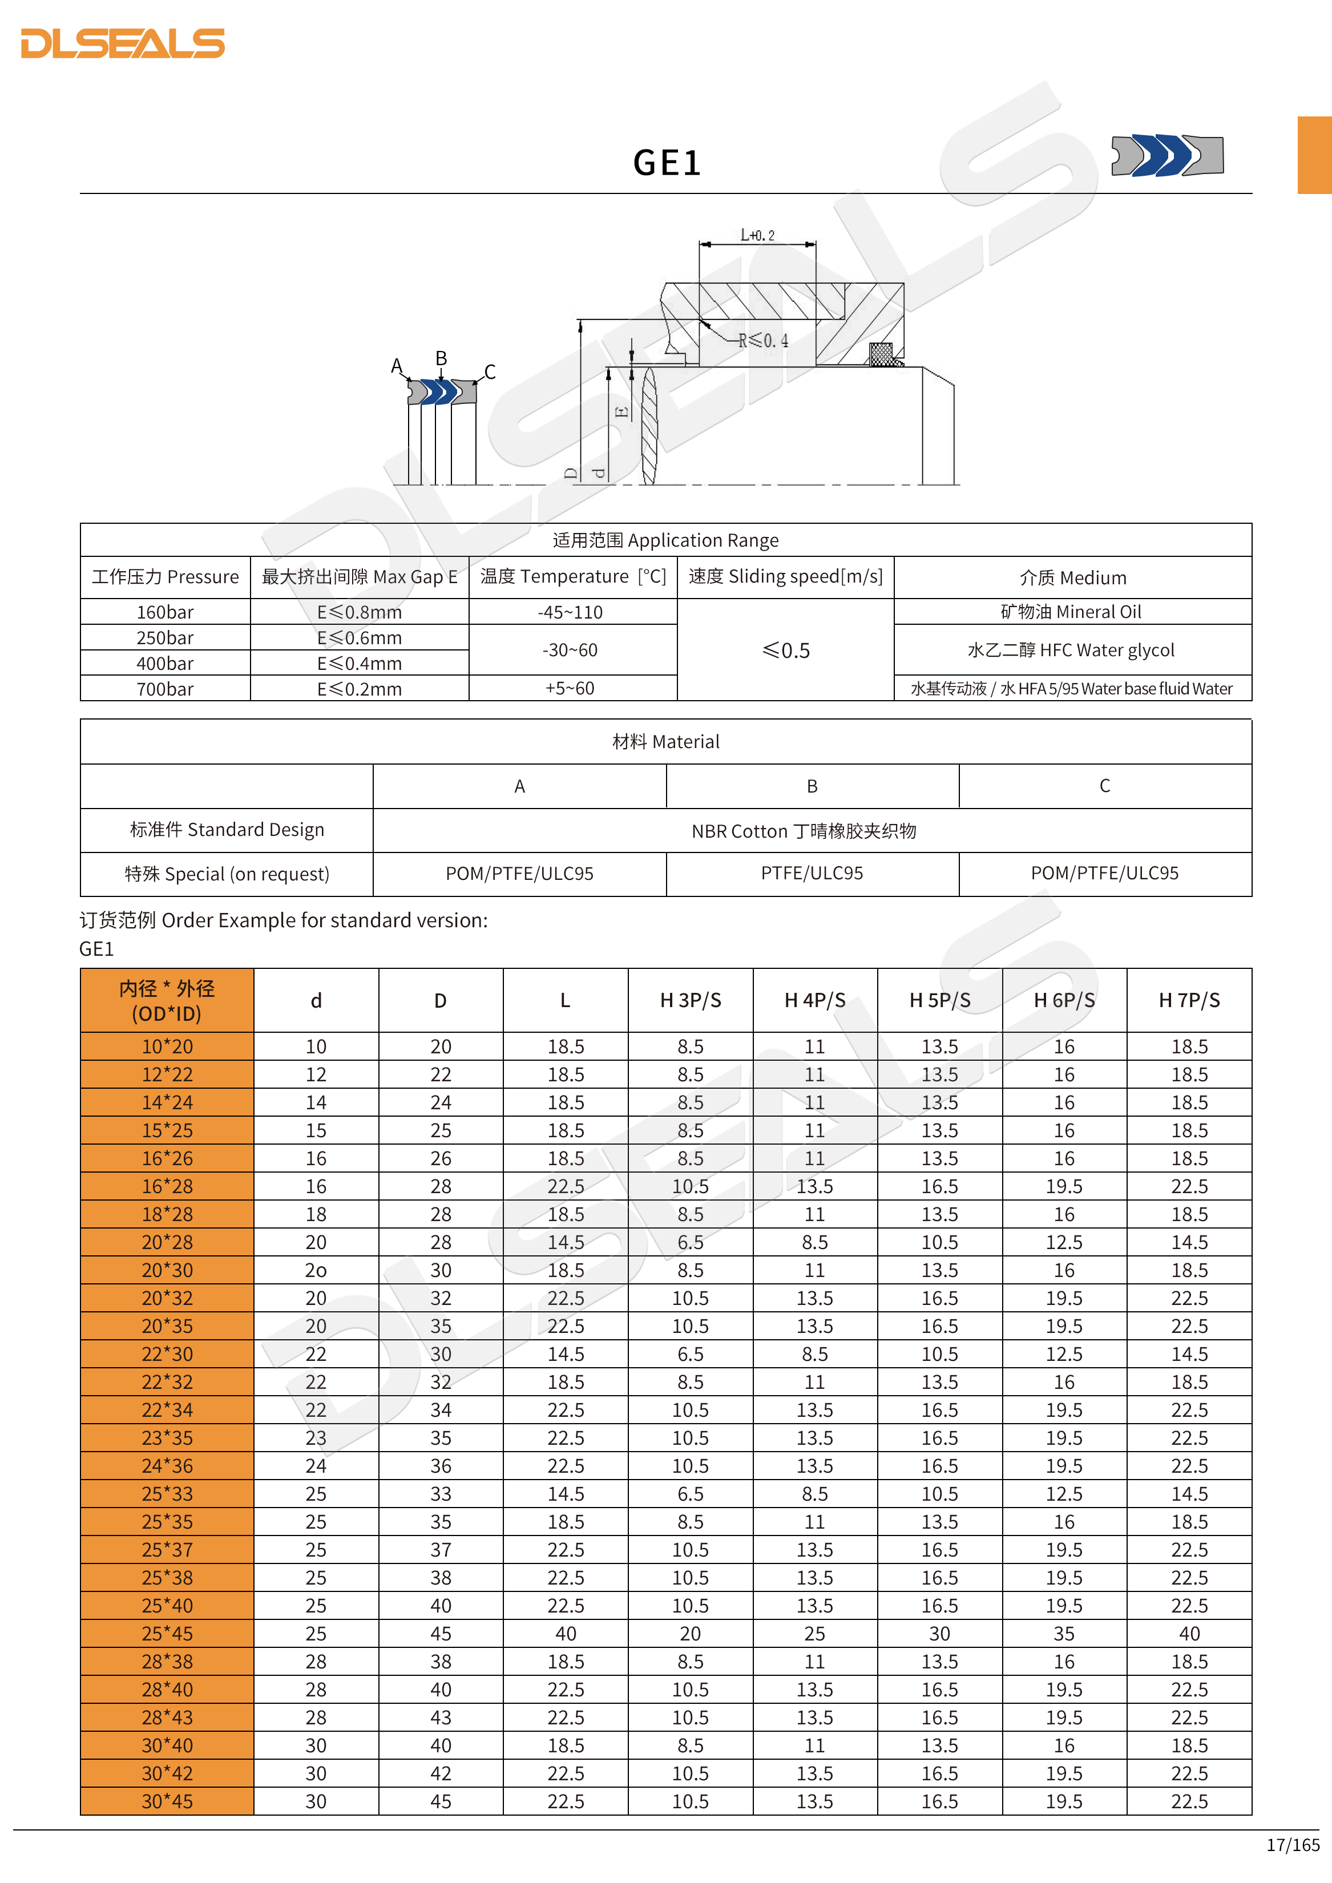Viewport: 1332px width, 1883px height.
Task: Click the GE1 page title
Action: pos(666,163)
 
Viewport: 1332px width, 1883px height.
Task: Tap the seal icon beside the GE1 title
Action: pos(1166,155)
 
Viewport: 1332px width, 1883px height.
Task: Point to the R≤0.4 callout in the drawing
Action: pos(763,340)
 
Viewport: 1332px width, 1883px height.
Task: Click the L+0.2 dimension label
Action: pos(757,235)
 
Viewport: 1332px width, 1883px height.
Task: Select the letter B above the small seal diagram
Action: pos(441,358)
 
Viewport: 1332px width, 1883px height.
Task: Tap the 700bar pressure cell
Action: pos(165,689)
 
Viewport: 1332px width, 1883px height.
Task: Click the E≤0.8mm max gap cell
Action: pos(359,612)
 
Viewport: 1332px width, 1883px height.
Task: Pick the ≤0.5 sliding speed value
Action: pos(785,650)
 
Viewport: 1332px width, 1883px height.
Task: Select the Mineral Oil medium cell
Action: pos(1071,612)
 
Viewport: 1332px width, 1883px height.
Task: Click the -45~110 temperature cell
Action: pos(570,612)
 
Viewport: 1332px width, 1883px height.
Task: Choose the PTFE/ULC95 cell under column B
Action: pos(812,874)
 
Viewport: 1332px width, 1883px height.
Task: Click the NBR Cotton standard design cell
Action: pos(804,831)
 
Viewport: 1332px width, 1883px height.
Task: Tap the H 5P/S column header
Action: pos(939,1000)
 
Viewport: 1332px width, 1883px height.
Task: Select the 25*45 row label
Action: pos(167,1634)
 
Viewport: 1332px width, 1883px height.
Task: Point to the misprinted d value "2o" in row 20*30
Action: pos(316,1270)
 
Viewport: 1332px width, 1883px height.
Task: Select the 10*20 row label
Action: pos(167,1046)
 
